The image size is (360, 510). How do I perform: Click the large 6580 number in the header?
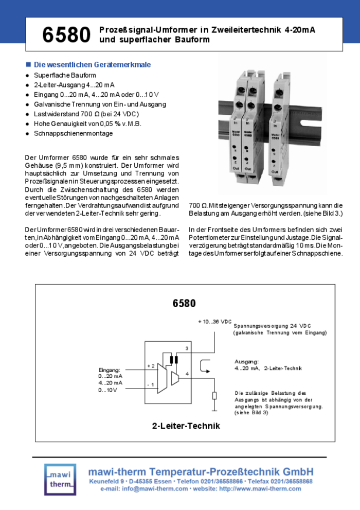pyautogui.click(x=66, y=35)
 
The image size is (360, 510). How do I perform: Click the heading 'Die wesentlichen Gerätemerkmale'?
pyautogui.click(x=92, y=65)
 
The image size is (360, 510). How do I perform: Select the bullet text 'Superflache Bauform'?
pyautogui.click(x=65, y=75)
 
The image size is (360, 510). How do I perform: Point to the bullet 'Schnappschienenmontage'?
pyautogui.click(x=73, y=133)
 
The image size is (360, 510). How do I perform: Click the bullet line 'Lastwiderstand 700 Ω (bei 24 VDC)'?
pyautogui.click(x=86, y=114)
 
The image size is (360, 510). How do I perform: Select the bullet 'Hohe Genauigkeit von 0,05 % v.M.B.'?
pyautogui.click(x=87, y=124)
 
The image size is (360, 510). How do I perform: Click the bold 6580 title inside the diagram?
pyautogui.click(x=184, y=304)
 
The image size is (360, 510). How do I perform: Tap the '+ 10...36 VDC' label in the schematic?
pyautogui.click(x=215, y=321)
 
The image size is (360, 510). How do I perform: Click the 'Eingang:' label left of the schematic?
pyautogui.click(x=109, y=370)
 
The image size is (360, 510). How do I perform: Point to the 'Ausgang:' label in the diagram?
pyautogui.click(x=246, y=361)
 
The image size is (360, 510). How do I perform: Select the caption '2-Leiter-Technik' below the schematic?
pyautogui.click(x=186, y=426)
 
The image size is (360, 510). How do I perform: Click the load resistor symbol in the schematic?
pyautogui.click(x=214, y=395)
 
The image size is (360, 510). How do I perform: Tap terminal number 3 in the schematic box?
pyautogui.click(x=187, y=349)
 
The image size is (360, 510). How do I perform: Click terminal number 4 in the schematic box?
pyautogui.click(x=187, y=373)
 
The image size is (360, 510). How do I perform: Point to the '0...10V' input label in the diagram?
pyautogui.click(x=107, y=390)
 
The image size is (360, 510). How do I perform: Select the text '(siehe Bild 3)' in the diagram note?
pyautogui.click(x=251, y=413)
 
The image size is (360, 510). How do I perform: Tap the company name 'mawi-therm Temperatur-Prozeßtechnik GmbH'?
pyautogui.click(x=201, y=471)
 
